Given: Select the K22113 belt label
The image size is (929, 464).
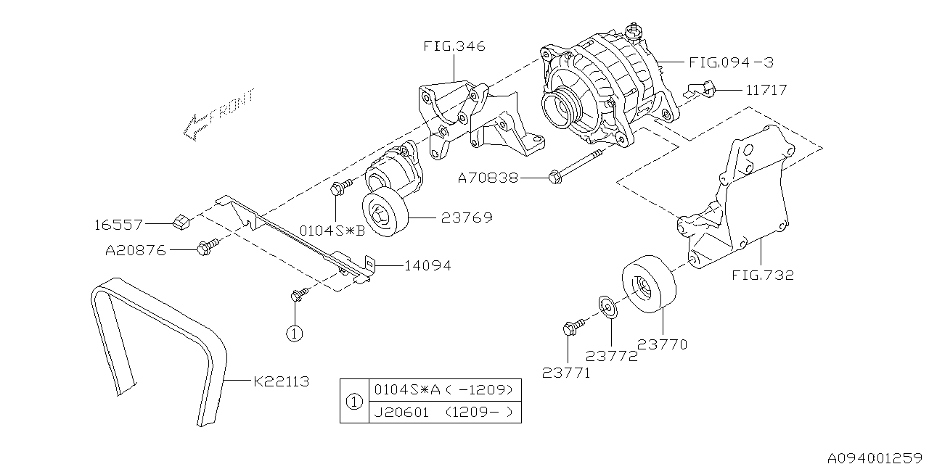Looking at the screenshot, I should [281, 381].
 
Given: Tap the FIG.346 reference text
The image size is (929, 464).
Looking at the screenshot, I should [454, 47].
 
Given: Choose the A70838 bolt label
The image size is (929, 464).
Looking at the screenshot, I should [488, 177].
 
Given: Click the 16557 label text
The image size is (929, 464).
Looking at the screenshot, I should [118, 225].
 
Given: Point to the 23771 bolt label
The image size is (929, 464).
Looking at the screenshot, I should [566, 373].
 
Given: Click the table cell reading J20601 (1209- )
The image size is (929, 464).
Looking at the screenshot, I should [443, 413].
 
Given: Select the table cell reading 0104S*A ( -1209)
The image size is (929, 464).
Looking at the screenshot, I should [443, 389].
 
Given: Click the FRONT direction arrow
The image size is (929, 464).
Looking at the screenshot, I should [218, 115].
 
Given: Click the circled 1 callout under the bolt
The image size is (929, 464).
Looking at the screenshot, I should [293, 333].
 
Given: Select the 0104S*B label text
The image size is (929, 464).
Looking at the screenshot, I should [333, 231].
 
